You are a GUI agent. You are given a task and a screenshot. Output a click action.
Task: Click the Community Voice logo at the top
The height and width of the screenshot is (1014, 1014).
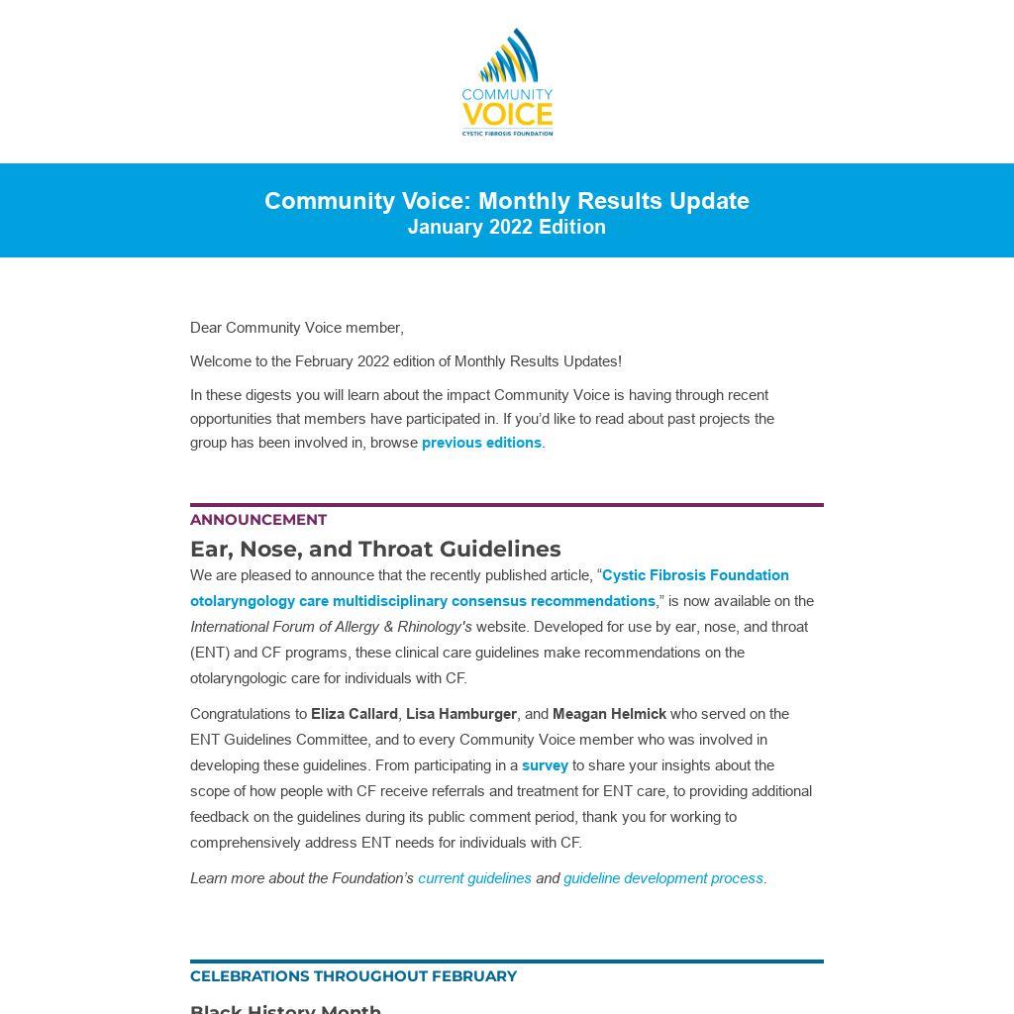507,81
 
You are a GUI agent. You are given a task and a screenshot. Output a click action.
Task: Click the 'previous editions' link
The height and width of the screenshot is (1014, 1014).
481,443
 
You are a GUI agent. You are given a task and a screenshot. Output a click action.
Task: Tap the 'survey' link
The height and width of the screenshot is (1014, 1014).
545,765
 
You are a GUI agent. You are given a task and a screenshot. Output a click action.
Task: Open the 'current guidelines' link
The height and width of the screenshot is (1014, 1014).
474,878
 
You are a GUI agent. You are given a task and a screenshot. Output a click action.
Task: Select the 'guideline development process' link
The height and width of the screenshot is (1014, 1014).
663,878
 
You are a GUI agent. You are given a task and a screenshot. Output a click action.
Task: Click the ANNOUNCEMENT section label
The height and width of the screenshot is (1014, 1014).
258,520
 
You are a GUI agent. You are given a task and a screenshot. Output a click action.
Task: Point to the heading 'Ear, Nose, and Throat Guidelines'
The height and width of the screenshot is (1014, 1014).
375,549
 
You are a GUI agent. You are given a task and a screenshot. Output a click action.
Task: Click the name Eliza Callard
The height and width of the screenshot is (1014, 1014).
355,714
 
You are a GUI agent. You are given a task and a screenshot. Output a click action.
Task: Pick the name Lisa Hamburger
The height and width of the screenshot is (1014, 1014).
461,714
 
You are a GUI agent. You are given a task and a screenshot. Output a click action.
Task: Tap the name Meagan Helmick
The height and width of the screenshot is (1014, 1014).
609,714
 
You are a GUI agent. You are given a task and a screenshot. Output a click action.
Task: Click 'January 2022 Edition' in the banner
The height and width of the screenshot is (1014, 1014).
507,227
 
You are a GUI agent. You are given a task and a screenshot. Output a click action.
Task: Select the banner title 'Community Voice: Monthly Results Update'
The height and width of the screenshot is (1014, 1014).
507,201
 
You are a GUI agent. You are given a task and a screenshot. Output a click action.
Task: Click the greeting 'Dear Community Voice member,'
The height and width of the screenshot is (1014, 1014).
297,328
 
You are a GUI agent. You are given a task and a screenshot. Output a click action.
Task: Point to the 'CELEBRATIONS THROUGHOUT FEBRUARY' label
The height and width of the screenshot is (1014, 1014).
354,976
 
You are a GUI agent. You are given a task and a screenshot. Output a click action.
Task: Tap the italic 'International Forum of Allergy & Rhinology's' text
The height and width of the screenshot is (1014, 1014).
331,627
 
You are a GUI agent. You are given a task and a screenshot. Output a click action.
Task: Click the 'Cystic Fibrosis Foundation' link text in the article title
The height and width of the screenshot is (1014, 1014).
695,575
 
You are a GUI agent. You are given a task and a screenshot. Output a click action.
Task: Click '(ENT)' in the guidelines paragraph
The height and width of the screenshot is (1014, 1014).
209,653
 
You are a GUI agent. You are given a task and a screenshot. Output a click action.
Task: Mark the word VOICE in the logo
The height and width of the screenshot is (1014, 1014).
507,112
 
